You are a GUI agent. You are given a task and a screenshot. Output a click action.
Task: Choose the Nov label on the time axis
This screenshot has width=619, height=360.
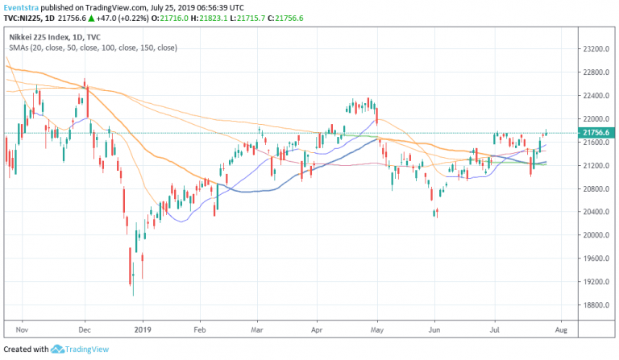pos(22,329)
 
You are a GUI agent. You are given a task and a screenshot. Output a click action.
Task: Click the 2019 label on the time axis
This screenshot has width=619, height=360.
pos(142,329)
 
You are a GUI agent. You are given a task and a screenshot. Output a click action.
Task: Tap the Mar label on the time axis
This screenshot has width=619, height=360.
pos(257,329)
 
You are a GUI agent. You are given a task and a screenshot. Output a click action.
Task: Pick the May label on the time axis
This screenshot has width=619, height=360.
pos(376,329)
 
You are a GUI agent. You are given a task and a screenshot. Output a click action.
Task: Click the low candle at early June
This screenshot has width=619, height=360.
pos(436,213)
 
